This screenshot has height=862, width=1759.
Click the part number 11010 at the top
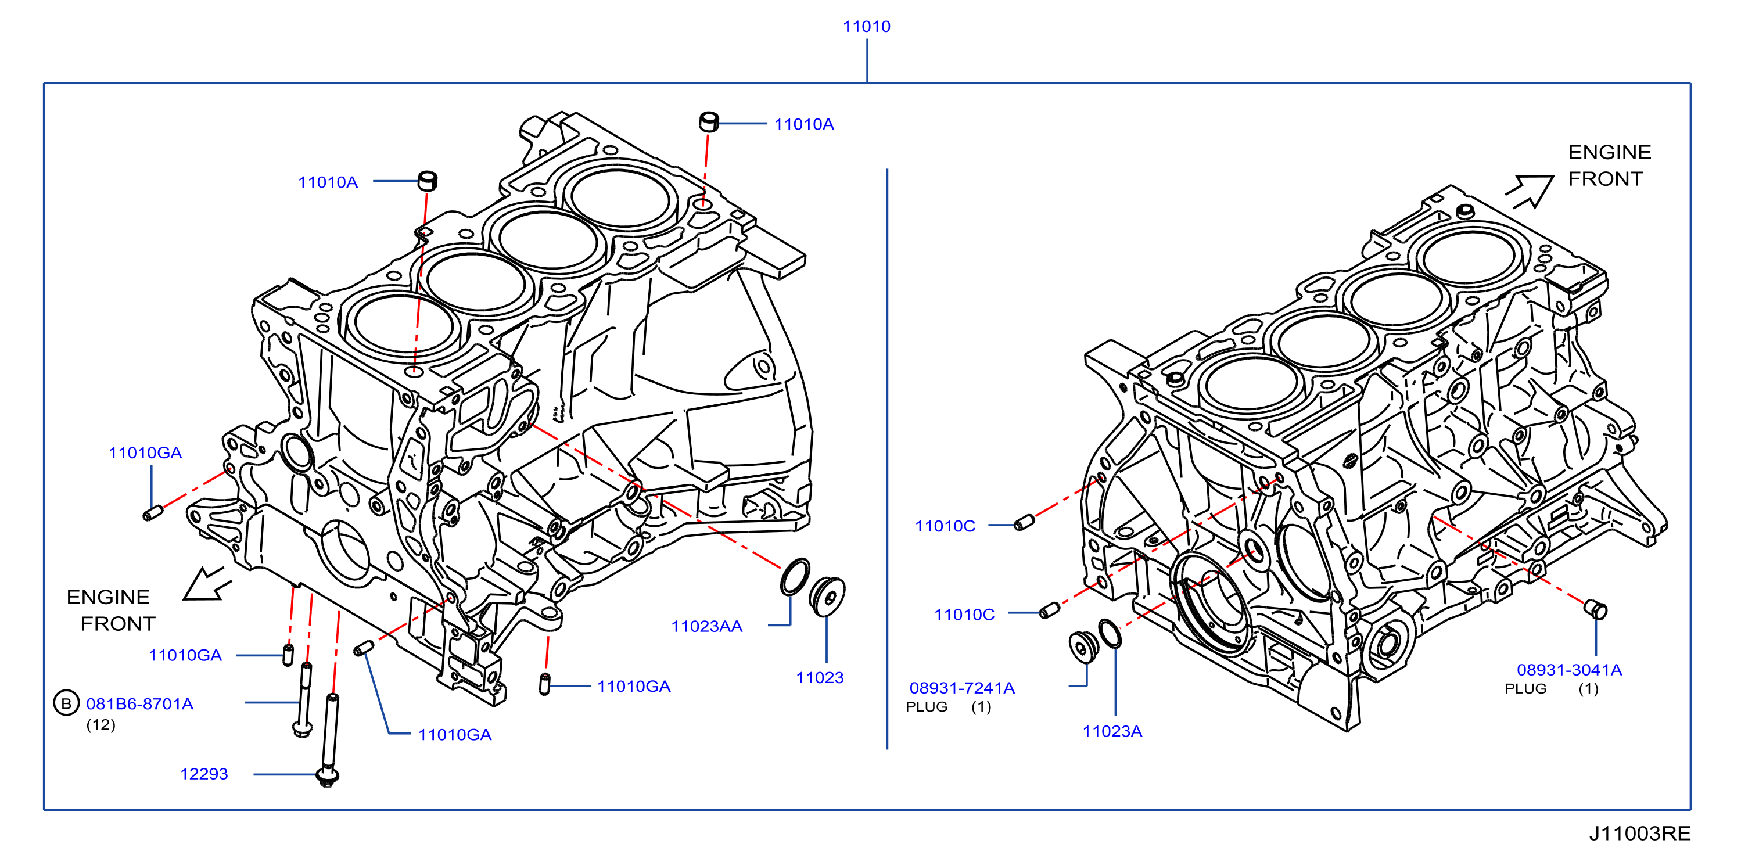[867, 27]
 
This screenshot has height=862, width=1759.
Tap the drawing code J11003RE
[1639, 834]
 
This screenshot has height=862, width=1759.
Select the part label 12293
[204, 774]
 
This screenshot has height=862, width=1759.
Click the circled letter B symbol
[66, 703]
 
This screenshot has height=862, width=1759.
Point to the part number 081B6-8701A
[140, 703]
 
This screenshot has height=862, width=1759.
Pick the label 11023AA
[707, 626]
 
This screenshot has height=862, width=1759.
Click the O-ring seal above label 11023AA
[795, 577]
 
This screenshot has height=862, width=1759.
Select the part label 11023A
[1112, 731]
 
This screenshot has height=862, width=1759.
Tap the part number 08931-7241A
[962, 688]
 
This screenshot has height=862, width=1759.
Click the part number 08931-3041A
[1570, 670]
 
